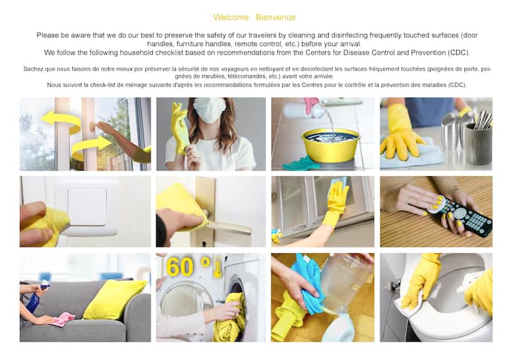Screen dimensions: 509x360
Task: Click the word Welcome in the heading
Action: coord(230,17)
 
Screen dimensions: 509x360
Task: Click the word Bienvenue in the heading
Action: coord(276,17)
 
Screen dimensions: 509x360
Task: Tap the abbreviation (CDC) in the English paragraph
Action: coord(458,52)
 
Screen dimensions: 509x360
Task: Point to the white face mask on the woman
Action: coord(209,110)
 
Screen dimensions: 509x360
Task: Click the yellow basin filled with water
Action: coord(330,144)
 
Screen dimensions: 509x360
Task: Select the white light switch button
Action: coord(87,207)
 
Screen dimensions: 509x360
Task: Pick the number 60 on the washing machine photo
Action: coord(179,267)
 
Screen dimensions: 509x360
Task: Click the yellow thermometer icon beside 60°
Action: coord(218,267)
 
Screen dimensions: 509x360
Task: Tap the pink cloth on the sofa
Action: coord(63,319)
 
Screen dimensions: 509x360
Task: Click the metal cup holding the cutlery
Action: coord(478,144)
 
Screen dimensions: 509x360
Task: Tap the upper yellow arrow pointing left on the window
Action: coord(62,122)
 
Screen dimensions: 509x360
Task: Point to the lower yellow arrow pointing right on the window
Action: coord(91,146)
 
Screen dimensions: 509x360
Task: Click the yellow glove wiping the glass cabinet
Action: coord(335,204)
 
